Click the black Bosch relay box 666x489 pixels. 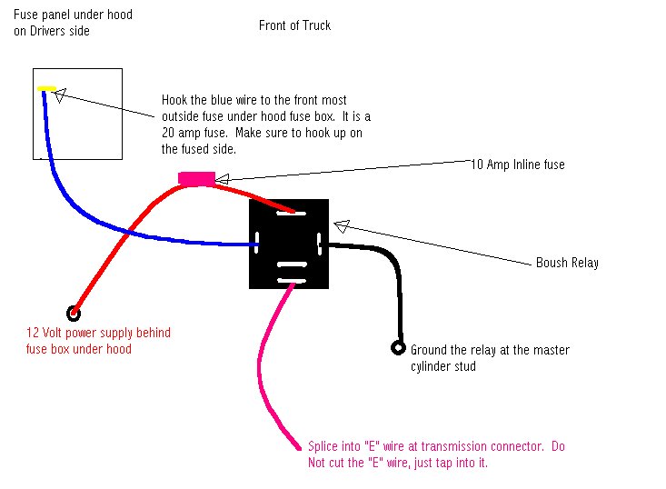coord(289,244)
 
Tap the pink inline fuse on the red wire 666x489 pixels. coord(196,178)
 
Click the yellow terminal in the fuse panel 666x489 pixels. coord(46,89)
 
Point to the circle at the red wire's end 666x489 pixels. coord(75,312)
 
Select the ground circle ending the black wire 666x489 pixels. coord(397,347)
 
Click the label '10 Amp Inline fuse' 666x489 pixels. coord(517,165)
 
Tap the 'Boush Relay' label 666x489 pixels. coord(567,263)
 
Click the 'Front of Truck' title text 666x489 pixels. coord(294,25)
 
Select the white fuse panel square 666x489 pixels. coord(77,114)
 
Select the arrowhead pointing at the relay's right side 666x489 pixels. coord(340,225)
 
